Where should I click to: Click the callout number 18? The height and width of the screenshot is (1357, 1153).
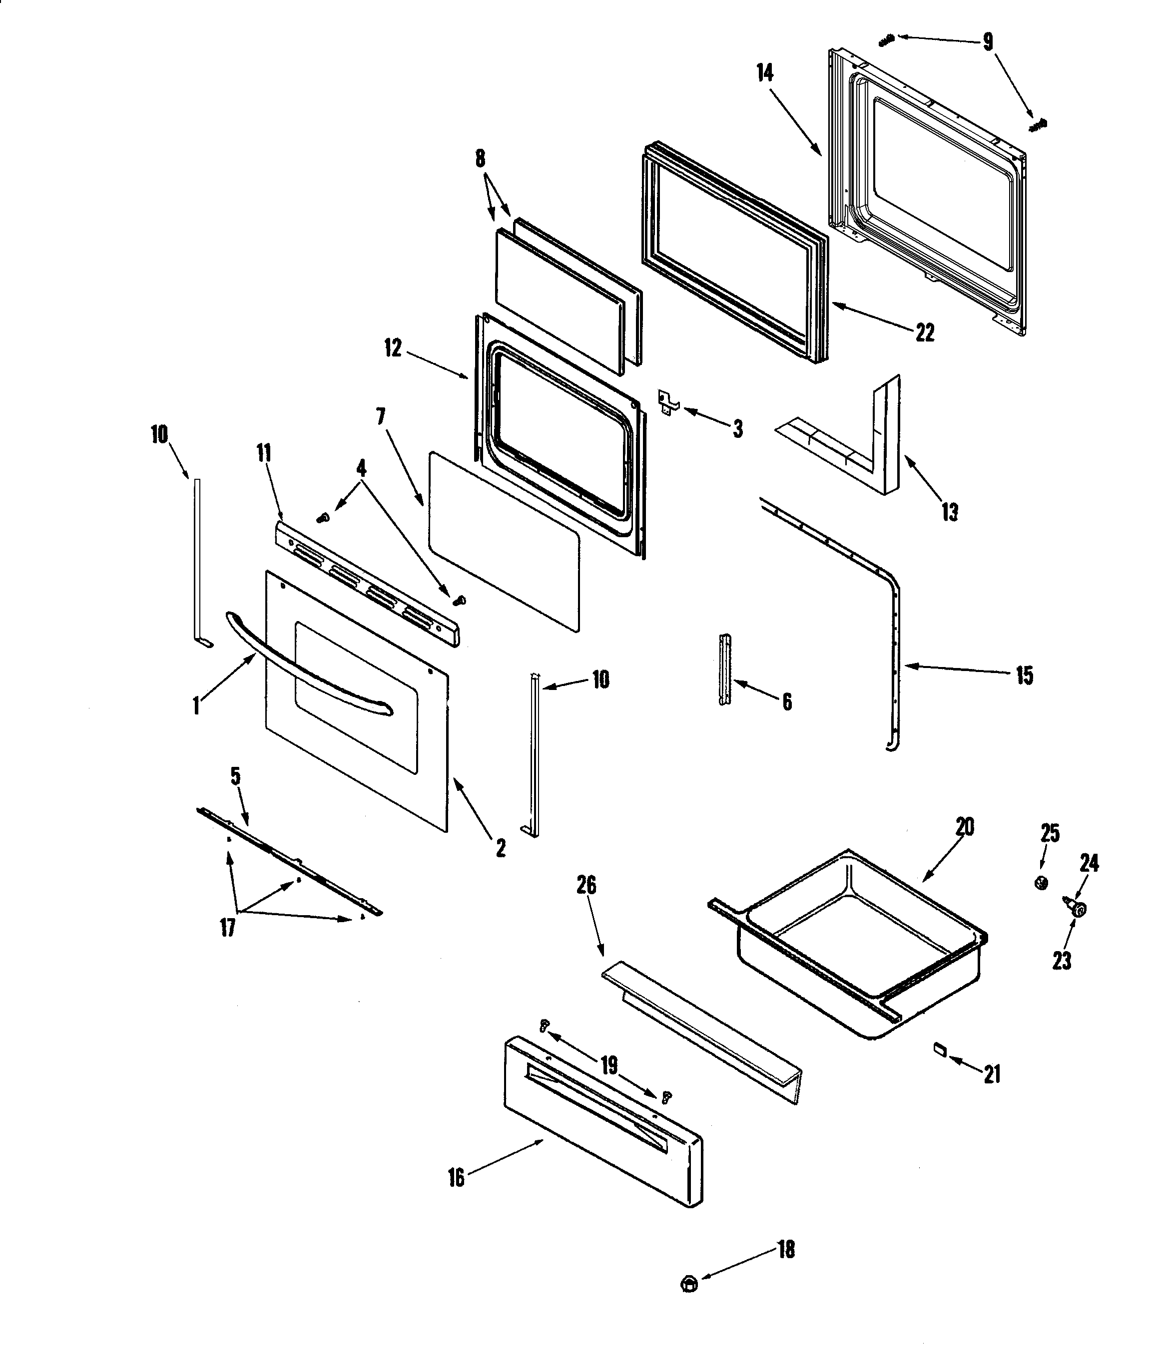tap(786, 1249)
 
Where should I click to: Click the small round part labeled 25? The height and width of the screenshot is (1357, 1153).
tap(1042, 883)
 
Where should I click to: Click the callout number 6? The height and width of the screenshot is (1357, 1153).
tap(787, 701)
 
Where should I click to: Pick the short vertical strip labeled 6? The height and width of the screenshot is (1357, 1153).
tap(725, 669)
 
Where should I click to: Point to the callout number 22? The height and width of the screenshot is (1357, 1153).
tap(924, 333)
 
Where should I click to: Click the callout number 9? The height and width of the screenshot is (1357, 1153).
tap(988, 42)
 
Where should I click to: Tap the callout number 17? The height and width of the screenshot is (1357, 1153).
tap(227, 927)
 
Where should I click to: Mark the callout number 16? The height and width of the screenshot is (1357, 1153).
tap(456, 1177)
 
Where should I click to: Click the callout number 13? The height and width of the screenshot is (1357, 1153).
tap(950, 512)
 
